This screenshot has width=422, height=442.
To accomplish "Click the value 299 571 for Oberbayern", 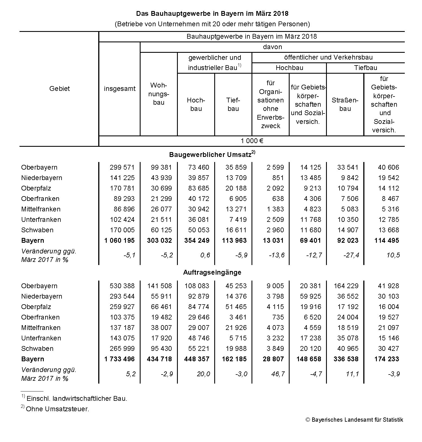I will pos(122,167).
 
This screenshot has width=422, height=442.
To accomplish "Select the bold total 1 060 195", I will pos(119,240).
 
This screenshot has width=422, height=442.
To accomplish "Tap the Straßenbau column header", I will pos(345,104).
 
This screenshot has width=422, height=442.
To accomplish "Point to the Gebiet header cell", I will pos(59,89).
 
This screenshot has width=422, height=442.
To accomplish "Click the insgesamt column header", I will pos(120,89).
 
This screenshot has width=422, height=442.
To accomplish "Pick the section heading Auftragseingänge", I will pos(212,272).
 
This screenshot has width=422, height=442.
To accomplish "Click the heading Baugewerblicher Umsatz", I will pos(212,154).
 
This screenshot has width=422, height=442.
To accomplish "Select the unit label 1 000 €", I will pos(252,141).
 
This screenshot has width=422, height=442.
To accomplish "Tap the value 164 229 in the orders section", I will pos(346,286).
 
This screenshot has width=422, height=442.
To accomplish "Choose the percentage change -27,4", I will pos(351,255).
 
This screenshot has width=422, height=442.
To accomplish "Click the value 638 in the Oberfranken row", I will pos(278,199).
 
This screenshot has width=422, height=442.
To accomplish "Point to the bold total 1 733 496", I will pos(119,359).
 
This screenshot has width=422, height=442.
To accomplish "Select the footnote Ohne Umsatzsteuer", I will pos(57,409).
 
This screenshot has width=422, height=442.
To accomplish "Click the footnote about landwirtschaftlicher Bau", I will pos(76,399).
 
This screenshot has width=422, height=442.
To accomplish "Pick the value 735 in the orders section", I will pos(278,317).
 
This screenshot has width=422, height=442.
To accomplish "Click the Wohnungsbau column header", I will pos(159,94).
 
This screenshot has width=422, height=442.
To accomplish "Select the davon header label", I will pos(272,47).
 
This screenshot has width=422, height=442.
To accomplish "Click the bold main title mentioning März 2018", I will pos(212,14).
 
